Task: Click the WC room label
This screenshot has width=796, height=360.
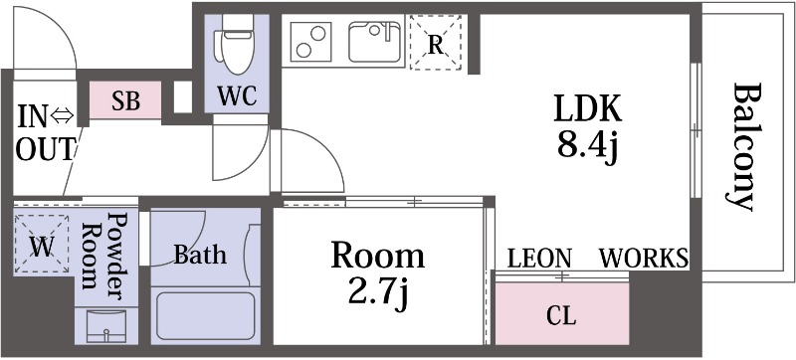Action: click(237, 96)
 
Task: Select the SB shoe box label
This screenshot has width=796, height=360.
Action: click(124, 100)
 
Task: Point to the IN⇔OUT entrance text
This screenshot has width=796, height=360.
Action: click(45, 133)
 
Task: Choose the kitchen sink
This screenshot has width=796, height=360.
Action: click(374, 43)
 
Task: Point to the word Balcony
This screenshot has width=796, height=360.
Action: click(742, 148)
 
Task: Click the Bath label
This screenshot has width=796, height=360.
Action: click(200, 255)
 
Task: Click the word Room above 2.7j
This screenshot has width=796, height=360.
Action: click(377, 257)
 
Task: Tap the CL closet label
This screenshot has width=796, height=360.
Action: click(561, 317)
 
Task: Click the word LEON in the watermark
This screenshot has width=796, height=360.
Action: click(539, 259)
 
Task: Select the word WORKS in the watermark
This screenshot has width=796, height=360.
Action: click(644, 259)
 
